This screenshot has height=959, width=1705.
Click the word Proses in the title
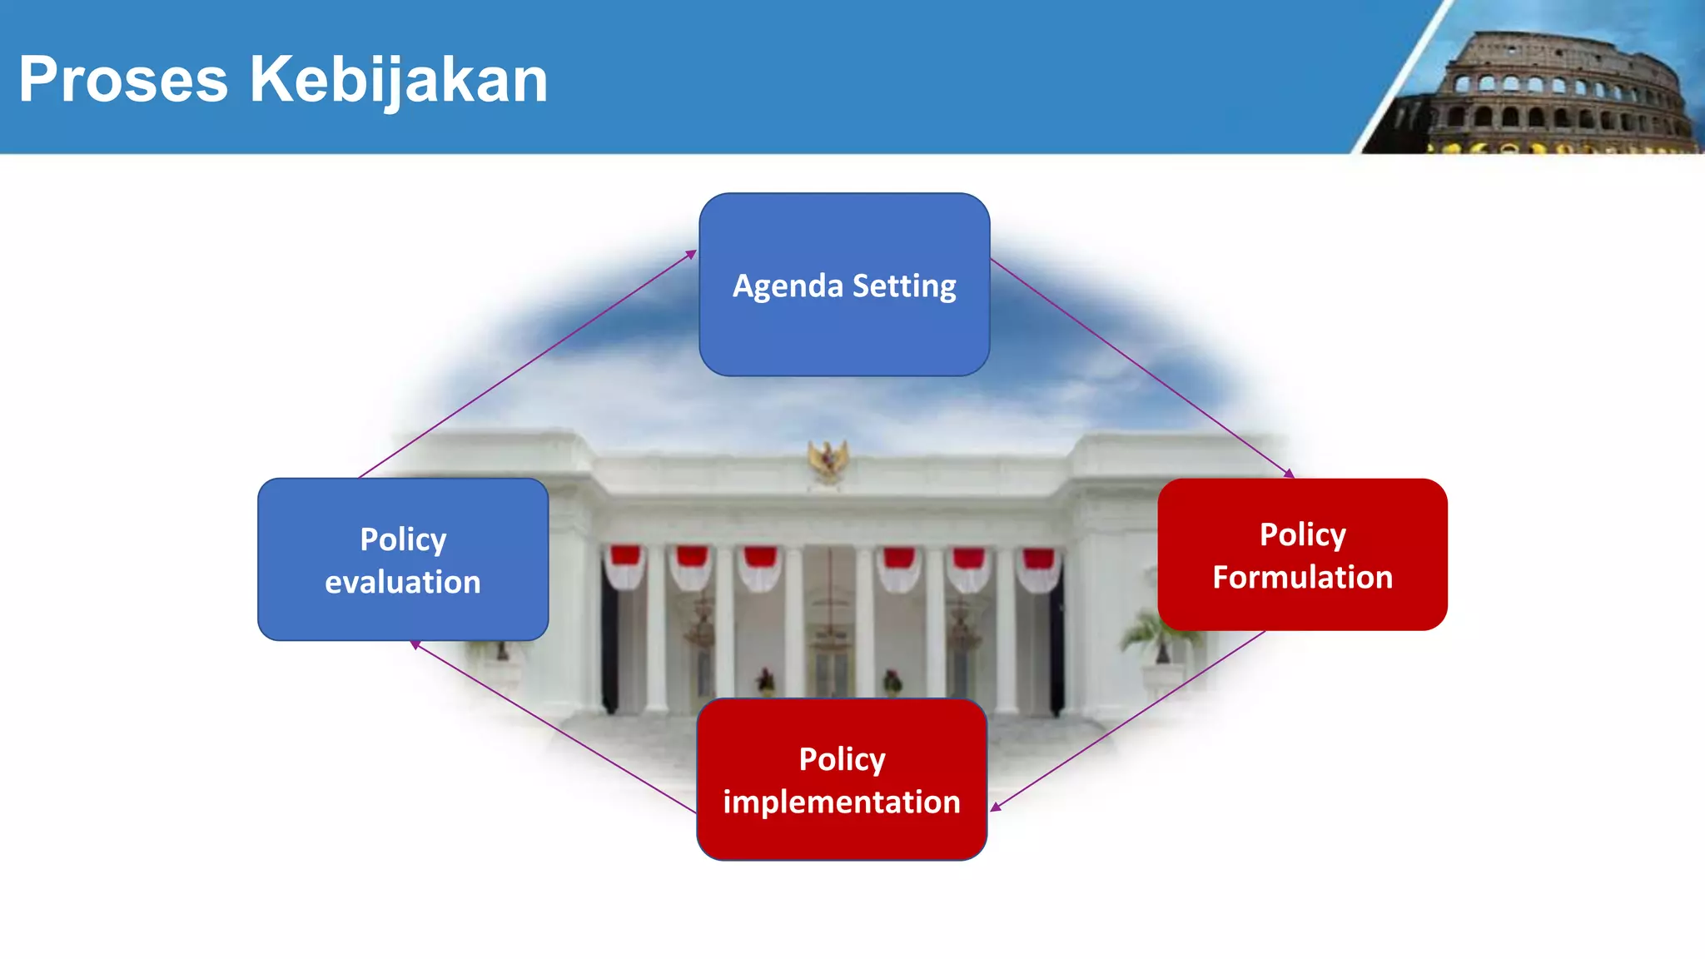(x=123, y=80)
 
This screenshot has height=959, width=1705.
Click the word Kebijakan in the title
(x=399, y=80)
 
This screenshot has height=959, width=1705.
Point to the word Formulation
(x=1302, y=577)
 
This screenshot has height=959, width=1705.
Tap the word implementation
(x=842, y=802)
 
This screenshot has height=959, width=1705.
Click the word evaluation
(x=403, y=582)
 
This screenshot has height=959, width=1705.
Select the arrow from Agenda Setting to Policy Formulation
(x=1141, y=366)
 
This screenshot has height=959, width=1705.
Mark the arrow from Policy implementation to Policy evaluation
(x=554, y=727)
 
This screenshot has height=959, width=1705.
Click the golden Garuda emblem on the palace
(x=828, y=460)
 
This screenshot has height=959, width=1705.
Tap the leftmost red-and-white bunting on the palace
(x=624, y=566)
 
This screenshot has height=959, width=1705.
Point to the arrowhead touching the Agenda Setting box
(x=691, y=254)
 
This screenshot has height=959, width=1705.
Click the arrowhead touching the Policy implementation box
(x=995, y=807)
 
